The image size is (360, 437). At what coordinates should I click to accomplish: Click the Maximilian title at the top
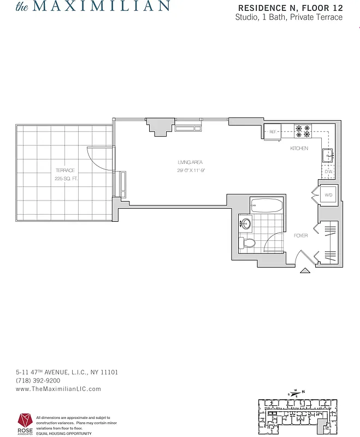click(92, 7)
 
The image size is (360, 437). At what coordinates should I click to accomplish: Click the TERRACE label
click(64, 170)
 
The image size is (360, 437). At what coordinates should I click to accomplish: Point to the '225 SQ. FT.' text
click(66, 179)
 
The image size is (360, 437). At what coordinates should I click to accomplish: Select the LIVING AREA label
click(190, 162)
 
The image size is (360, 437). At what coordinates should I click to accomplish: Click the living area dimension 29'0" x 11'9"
click(190, 170)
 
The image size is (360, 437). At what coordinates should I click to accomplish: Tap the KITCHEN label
click(299, 148)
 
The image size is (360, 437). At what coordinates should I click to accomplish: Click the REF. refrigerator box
click(273, 132)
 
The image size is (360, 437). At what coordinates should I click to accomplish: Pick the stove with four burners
click(303, 132)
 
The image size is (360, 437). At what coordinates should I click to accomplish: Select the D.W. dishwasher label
click(329, 172)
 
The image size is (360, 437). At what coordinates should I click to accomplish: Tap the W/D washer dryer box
click(329, 194)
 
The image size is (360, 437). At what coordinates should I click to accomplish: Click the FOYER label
click(300, 235)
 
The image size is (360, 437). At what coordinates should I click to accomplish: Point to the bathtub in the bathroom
click(267, 206)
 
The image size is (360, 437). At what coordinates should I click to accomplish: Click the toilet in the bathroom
click(248, 243)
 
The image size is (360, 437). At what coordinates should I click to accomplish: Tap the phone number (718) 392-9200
click(38, 381)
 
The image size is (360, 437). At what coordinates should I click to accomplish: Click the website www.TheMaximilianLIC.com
click(58, 389)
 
